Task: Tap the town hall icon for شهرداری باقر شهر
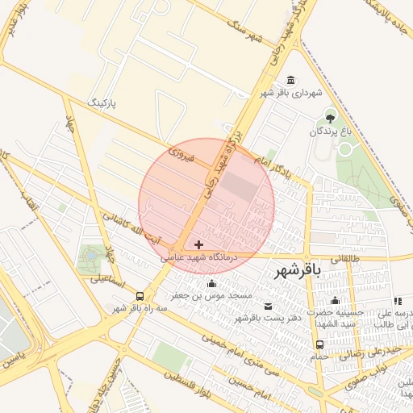click(x=290, y=80)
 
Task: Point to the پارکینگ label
click(x=107, y=103)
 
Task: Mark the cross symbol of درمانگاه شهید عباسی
click(x=199, y=244)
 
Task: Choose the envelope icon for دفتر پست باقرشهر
click(x=269, y=306)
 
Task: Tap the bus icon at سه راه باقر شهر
click(x=141, y=296)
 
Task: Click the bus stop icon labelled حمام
click(x=320, y=344)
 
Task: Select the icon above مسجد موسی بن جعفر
click(x=212, y=283)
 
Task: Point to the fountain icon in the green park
click(x=90, y=255)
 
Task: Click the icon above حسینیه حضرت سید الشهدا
click(x=334, y=300)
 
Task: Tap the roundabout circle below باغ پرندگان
click(x=345, y=149)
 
